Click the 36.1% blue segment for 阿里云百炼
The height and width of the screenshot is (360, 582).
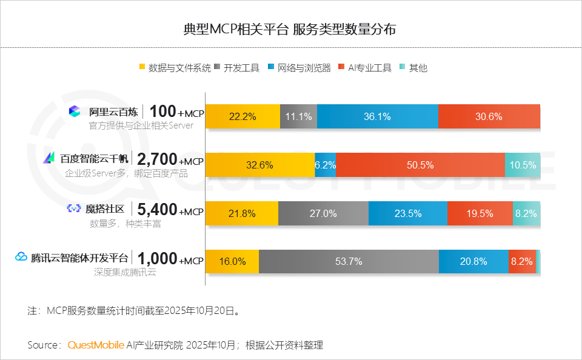(377, 116)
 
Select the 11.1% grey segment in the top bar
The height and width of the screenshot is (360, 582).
(298, 116)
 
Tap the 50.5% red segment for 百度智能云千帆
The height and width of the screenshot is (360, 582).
(420, 165)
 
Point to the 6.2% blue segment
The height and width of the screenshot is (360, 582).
(325, 165)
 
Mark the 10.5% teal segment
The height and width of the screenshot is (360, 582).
(523, 165)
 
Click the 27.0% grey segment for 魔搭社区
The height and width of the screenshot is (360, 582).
(323, 213)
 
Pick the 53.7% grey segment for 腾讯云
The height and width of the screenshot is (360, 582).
(349, 262)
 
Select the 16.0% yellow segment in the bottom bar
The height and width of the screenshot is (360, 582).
(232, 262)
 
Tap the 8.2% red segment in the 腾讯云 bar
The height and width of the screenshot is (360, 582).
(521, 262)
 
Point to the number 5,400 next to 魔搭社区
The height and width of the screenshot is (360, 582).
(157, 209)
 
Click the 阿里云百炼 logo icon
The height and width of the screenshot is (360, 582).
(74, 112)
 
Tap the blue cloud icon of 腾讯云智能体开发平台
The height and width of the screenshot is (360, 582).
(21, 257)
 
